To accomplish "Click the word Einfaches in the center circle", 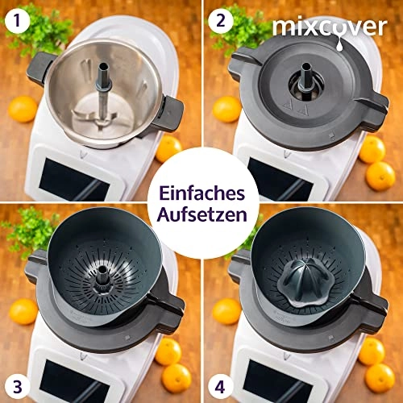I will point(201,190).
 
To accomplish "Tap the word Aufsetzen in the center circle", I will point(201,214).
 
